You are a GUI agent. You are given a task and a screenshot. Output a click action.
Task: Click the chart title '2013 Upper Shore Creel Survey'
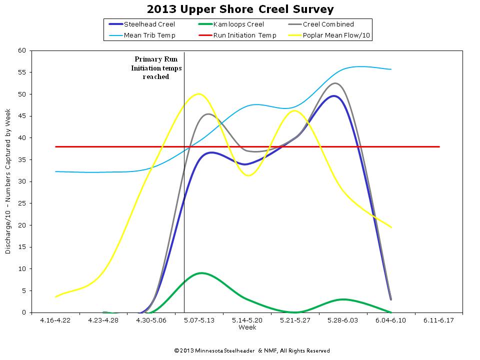pyautogui.click(x=240, y=9)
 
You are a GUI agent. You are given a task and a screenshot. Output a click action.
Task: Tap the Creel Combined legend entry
pyautogui.click(x=328, y=24)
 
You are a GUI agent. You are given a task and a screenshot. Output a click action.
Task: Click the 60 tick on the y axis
pyautogui.click(x=22, y=50)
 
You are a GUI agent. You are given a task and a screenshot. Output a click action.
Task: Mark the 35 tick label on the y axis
pyautogui.click(x=22, y=159)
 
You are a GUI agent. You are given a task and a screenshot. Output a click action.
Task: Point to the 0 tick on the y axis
pyautogui.click(x=24, y=312)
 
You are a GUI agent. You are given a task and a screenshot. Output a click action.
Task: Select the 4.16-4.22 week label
pyautogui.click(x=55, y=320)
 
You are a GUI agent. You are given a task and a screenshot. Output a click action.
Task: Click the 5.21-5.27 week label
pyautogui.click(x=295, y=320)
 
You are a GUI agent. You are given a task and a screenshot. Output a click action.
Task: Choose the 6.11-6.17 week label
pyautogui.click(x=438, y=320)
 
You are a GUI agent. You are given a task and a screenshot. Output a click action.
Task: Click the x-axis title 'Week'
pyautogui.click(x=247, y=327)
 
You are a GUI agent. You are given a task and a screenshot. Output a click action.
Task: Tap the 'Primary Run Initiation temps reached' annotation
pyautogui.click(x=156, y=68)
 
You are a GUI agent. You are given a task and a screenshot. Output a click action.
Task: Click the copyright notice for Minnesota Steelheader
pyautogui.click(x=251, y=350)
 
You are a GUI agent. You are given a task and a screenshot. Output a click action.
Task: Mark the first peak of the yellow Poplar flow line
pyautogui.click(x=199, y=93)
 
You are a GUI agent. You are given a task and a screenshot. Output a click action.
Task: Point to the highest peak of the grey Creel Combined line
pyautogui.click(x=335, y=83)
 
